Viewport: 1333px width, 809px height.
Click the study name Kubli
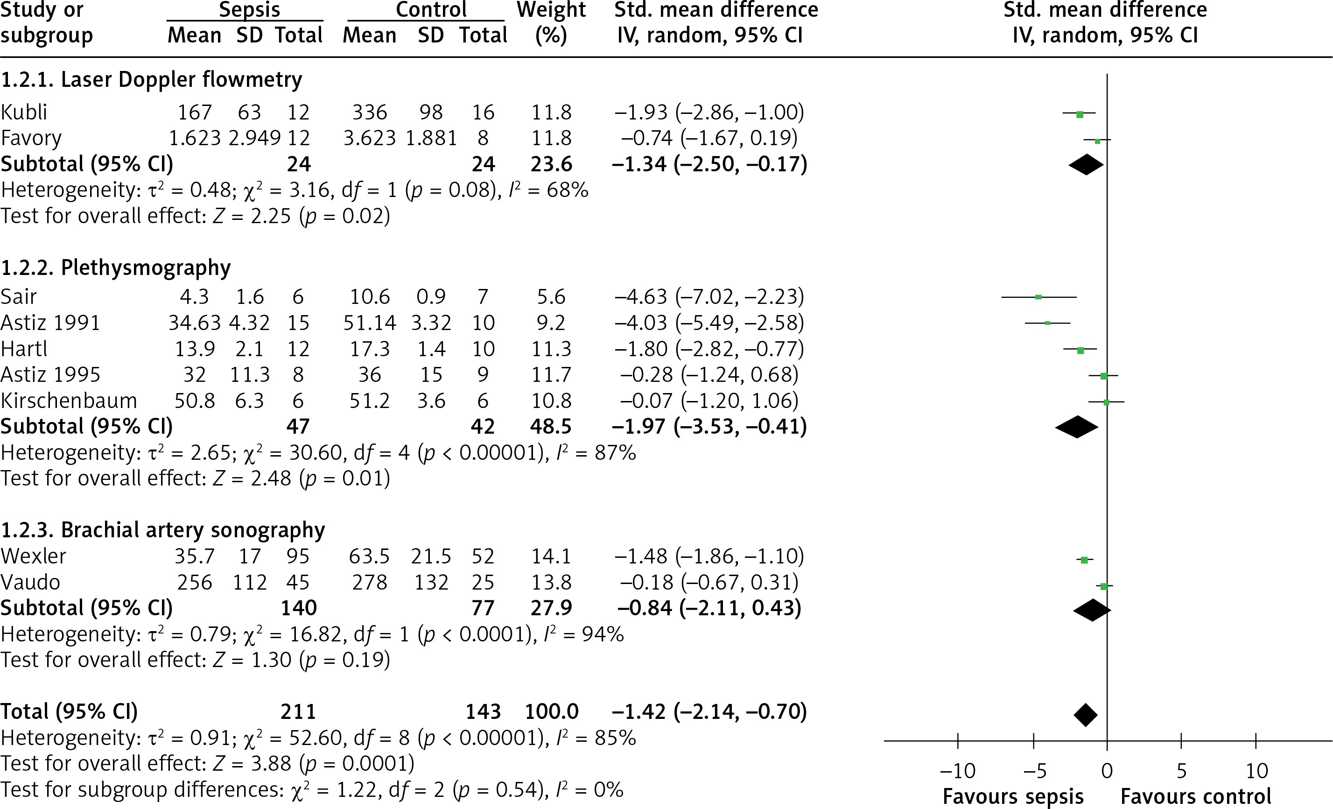tap(24, 113)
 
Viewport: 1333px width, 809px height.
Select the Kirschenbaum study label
tap(69, 401)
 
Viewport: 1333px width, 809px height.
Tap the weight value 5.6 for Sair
tap(551, 296)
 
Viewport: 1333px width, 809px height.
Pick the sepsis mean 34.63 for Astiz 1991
tap(194, 323)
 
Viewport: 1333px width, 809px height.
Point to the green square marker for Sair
tap(1038, 297)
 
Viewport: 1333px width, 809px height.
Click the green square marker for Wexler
tap(1084, 560)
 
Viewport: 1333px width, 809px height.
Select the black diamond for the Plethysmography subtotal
tap(1077, 427)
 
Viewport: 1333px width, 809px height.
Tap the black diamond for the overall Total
tap(1085, 715)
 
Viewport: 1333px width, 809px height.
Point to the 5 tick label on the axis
tap(1181, 771)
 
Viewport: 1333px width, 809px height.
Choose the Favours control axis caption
tap(1196, 796)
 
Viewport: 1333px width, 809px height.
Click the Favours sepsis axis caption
tap(1013, 796)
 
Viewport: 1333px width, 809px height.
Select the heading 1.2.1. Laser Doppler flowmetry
tap(152, 79)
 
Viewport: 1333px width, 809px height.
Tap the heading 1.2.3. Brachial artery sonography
tap(163, 530)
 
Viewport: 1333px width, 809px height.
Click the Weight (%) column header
tap(551, 23)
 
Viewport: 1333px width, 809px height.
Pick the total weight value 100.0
tap(551, 711)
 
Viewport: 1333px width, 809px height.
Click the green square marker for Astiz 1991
tap(1047, 323)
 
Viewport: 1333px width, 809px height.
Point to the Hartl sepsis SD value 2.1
tap(249, 349)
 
